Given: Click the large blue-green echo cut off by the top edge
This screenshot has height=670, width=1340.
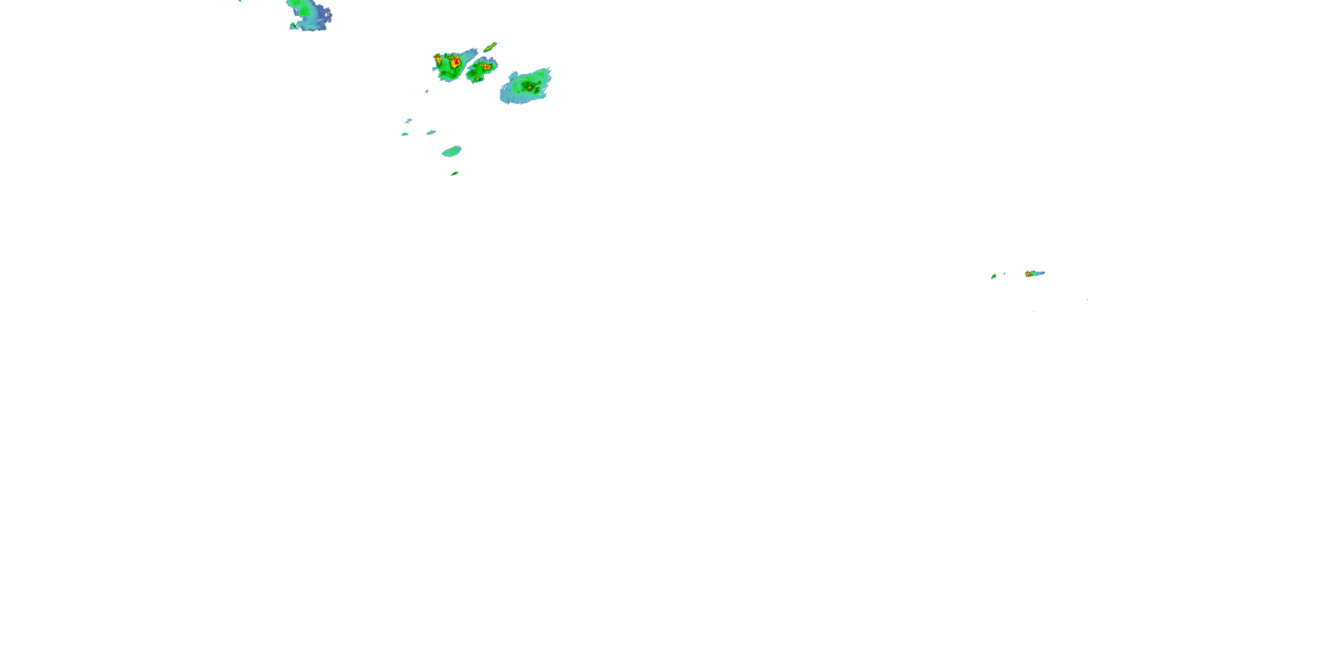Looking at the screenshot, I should click(x=310, y=13).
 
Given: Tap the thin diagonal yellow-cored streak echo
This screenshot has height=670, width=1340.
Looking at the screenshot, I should click(x=490, y=47).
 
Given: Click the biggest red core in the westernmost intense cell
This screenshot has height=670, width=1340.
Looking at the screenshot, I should click(x=456, y=62).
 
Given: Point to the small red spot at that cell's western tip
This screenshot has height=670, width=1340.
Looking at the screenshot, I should click(x=437, y=56).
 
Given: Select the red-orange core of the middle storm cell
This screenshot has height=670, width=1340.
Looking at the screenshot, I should click(x=486, y=66).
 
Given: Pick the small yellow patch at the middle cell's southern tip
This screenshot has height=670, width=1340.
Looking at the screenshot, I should click(x=475, y=79).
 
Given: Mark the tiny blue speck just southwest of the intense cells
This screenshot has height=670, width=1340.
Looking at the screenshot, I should click(x=427, y=92).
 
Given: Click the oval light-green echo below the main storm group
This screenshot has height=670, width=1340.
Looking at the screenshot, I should click(x=451, y=151).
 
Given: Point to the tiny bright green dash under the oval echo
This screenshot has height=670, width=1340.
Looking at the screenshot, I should click(x=454, y=173).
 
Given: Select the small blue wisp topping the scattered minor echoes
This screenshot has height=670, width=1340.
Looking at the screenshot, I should click(x=408, y=121).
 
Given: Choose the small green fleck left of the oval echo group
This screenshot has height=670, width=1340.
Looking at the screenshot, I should click(x=405, y=134).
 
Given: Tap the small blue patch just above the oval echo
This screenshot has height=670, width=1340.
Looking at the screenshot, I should click(x=431, y=133).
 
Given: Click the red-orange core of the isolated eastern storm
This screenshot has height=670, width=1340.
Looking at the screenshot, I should click(x=1028, y=274).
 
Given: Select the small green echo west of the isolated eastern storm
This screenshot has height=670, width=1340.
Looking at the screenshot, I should click(x=993, y=276).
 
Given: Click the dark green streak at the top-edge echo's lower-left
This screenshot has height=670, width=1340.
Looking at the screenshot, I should click(x=293, y=25).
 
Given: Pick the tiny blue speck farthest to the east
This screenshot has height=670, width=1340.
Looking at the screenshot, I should click(x=1087, y=299).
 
